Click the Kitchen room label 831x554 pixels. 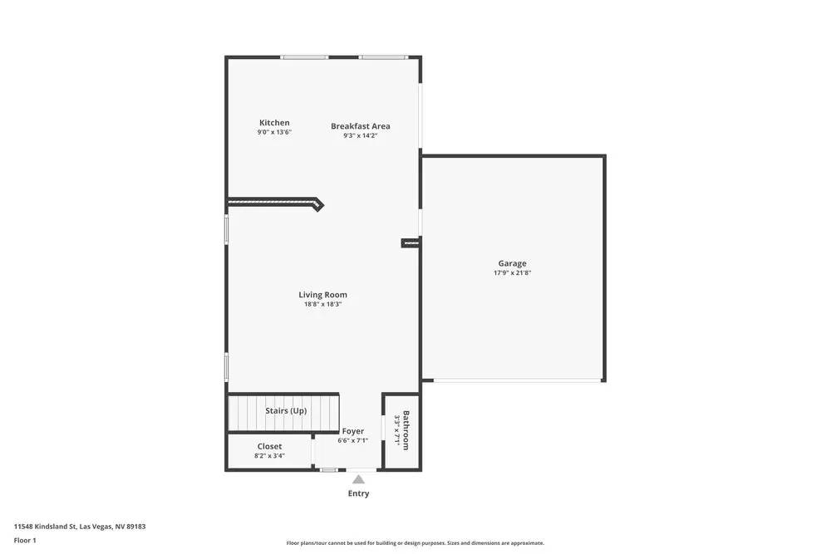274,123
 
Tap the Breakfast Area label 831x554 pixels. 360,126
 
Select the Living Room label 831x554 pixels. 322,295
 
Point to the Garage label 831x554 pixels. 512,264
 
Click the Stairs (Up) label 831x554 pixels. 286,411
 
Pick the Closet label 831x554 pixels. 269,447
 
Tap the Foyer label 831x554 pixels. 352,431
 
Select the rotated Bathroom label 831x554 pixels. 406,430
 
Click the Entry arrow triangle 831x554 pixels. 358,478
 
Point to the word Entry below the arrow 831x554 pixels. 358,493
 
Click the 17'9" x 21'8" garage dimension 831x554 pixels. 512,273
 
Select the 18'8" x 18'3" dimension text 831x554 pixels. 322,304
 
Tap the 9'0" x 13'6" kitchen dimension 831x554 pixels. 274,132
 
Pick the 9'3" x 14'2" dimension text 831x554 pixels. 360,135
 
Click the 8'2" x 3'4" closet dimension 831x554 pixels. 269,456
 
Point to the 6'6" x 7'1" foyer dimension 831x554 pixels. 352,440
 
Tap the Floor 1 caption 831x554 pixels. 25,540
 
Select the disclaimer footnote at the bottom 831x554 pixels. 415,543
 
